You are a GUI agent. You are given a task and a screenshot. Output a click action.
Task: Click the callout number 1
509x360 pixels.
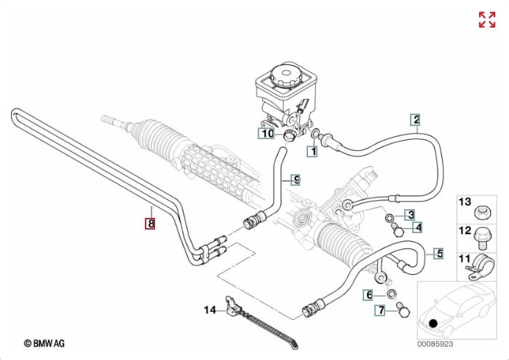(x=312, y=152)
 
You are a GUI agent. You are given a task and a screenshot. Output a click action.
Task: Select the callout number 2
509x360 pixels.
(x=415, y=120)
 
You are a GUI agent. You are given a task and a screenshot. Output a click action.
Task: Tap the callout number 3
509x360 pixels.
(x=411, y=214)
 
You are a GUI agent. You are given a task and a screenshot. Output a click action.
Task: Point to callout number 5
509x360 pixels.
(x=438, y=254)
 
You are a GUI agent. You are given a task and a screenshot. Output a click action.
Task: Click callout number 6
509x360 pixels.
(x=369, y=294)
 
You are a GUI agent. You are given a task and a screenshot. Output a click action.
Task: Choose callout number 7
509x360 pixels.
(x=379, y=311)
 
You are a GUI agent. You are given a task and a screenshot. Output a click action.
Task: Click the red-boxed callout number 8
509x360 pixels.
(x=150, y=223)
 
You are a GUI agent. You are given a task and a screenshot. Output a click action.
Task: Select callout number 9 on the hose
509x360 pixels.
(x=295, y=179)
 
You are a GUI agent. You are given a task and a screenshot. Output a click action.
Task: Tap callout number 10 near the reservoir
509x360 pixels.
(x=267, y=133)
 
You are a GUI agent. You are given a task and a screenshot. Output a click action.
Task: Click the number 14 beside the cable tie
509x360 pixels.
(x=210, y=310)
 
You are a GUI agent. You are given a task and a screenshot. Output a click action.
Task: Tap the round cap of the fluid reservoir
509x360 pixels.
(x=282, y=76)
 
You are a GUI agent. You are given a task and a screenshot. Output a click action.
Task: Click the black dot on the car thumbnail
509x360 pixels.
(x=434, y=322)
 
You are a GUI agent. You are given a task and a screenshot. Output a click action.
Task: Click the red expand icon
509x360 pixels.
(x=486, y=20)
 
